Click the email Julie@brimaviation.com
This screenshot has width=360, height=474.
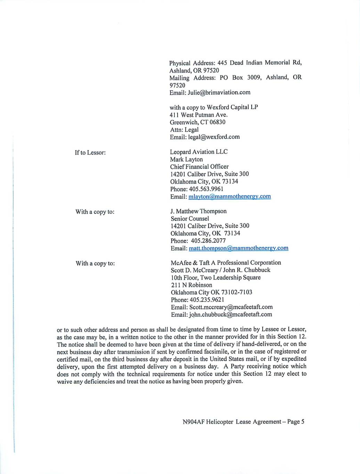[x=219, y=92]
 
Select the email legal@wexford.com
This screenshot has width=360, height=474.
[x=214, y=137]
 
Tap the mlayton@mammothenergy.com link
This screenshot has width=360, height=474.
[x=229, y=197]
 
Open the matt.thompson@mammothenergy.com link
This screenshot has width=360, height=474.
[x=238, y=248]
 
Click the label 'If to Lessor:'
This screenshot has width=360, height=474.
[x=90, y=152]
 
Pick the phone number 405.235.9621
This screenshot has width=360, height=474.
[x=207, y=300]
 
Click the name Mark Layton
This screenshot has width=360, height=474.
[x=186, y=159]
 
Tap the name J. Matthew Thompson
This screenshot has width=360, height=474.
[x=198, y=211]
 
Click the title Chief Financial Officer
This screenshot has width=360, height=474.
[x=199, y=167]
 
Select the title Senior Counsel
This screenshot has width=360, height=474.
[x=190, y=219]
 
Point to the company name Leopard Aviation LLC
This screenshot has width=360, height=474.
[x=199, y=152]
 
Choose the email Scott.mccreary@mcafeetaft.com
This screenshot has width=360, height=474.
[x=231, y=307]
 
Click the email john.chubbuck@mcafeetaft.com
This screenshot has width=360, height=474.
[x=230, y=315]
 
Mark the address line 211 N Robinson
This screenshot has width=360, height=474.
[x=191, y=285]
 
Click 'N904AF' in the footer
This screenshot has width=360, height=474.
[x=193, y=422]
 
